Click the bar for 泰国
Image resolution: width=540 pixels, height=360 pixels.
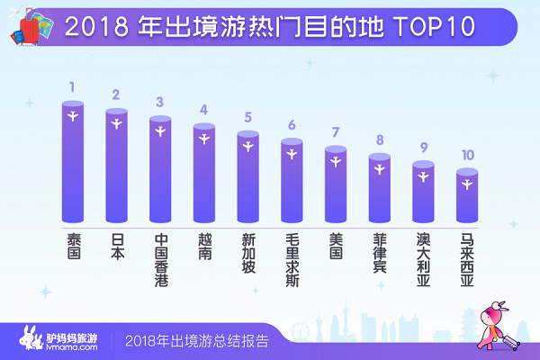pyautogui.click(x=73, y=162)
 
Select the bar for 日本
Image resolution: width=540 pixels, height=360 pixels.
pyautogui.click(x=117, y=166)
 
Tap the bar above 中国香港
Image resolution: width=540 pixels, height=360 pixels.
pyautogui.click(x=160, y=171)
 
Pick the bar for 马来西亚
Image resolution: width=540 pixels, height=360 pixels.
pyautogui.click(x=466, y=196)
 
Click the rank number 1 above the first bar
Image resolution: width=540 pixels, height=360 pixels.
pyautogui.click(x=72, y=88)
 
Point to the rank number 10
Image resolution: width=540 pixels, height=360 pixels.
pyautogui.click(x=466, y=155)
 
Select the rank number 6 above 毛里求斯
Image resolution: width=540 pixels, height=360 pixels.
pyautogui.click(x=292, y=125)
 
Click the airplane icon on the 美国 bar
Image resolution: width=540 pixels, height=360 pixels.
pyautogui.click(x=336, y=161)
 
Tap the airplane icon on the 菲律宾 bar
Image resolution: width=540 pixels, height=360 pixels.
pyautogui.click(x=380, y=168)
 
